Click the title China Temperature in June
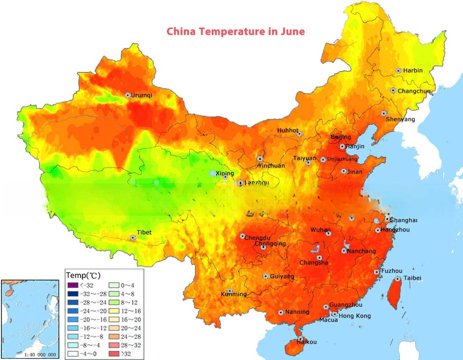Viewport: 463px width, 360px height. click(235, 32)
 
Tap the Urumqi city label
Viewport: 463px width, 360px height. click(141, 95)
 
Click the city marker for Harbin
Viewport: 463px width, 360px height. click(398, 71)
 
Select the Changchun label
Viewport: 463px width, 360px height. click(414, 91)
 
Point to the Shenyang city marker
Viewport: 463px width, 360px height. click(384, 113)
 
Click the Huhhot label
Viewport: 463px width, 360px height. click(287, 130)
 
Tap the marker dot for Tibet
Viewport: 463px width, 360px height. click(133, 238)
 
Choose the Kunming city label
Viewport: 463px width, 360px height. click(234, 294)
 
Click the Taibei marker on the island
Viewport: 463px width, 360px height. click(398, 279)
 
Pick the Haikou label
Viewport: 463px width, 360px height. click(306, 342)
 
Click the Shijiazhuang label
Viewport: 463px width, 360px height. click(342, 159)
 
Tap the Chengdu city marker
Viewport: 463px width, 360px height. click(242, 236)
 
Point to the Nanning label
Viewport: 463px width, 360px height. click(297, 312)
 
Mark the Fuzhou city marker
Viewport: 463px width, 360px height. click(377, 272)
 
